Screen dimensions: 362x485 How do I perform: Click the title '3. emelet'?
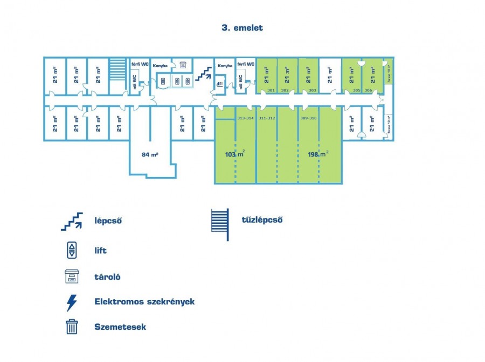click(242, 28)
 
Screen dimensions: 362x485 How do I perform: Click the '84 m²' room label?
click(150, 154)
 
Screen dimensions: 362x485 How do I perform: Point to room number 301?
click(271, 90)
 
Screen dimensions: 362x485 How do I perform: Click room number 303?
click(313, 90)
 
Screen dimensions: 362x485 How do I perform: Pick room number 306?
click(369, 90)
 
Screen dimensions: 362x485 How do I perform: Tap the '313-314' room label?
click(245, 117)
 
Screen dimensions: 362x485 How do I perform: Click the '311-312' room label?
click(267, 117)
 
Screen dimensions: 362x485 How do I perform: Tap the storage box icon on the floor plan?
click(183, 65)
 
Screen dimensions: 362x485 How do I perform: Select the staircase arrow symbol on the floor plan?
click(203, 74)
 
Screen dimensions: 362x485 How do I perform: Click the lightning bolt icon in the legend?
click(72, 302)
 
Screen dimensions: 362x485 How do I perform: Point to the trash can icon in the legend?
click(72, 326)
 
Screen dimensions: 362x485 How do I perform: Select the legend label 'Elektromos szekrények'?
click(144, 301)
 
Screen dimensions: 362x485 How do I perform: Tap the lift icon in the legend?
click(72, 250)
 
